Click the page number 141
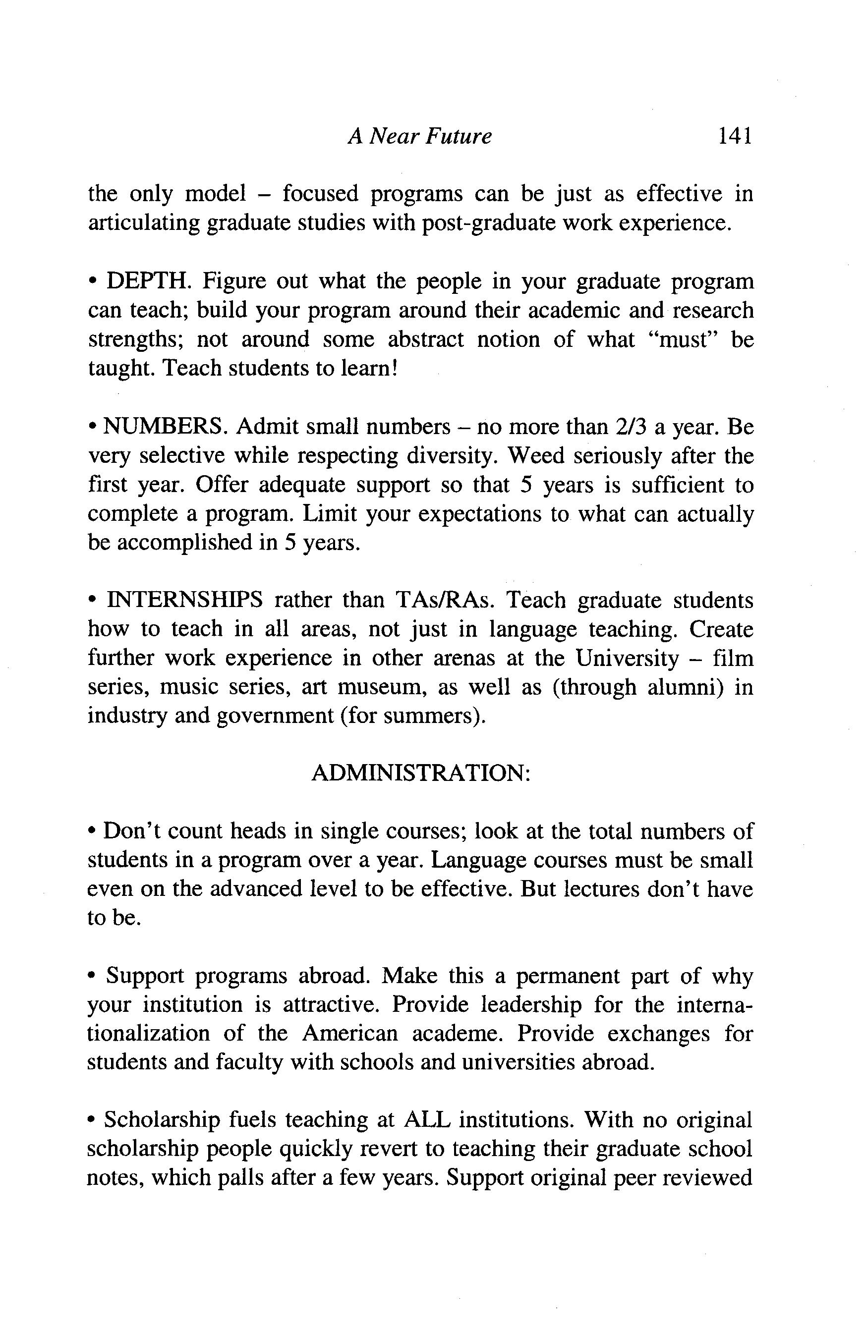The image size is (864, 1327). [x=735, y=135]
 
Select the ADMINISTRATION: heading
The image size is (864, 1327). [x=420, y=774]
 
